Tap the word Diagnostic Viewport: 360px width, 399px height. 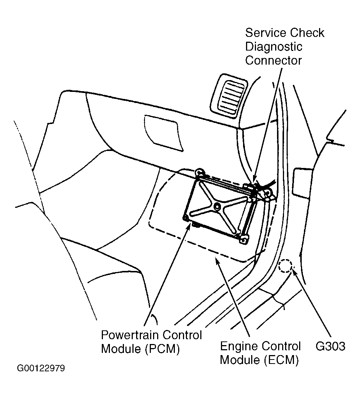tap(274, 47)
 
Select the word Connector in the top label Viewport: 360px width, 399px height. tap(273, 61)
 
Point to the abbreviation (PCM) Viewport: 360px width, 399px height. tap(162, 349)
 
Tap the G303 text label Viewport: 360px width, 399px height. tap(330, 346)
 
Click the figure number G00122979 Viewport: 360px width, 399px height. tap(41, 368)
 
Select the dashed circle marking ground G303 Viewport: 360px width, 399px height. tap(285, 266)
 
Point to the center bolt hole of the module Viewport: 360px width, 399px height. tap(217, 205)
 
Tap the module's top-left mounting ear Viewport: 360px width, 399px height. tap(200, 172)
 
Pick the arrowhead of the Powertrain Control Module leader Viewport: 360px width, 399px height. tap(189, 224)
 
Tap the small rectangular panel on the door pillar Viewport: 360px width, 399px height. tap(302, 182)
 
